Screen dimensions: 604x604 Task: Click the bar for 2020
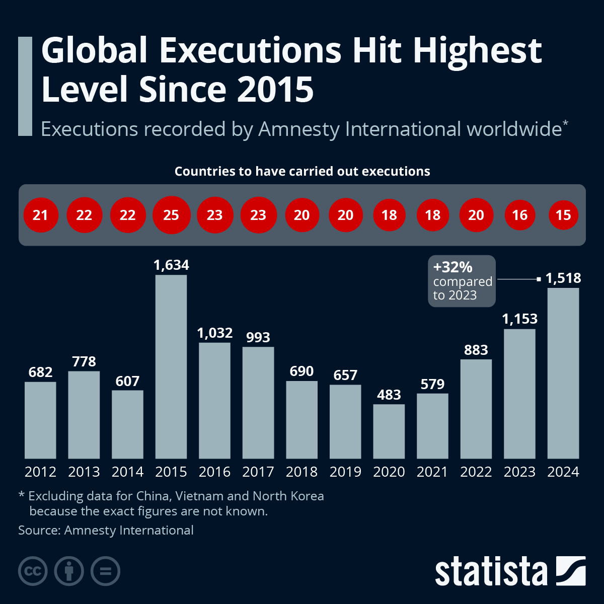389,431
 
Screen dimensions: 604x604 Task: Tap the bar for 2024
563,373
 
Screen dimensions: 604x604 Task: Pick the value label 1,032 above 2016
214,333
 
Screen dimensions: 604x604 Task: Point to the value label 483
389,395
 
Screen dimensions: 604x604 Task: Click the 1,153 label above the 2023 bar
519,319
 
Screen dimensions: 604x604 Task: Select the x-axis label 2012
40,472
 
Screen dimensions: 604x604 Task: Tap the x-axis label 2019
345,472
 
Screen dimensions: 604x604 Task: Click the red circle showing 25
171,215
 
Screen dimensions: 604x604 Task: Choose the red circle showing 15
563,215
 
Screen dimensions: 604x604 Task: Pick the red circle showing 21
40,215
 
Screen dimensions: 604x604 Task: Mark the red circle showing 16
519,215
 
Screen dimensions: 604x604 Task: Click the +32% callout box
462,281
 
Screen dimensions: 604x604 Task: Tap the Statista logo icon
571,571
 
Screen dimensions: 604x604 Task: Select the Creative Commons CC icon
33,571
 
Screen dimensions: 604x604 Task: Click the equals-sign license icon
105,571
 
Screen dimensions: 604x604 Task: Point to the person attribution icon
69,571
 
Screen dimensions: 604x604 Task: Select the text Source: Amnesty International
106,530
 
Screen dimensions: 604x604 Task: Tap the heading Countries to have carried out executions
302,171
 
